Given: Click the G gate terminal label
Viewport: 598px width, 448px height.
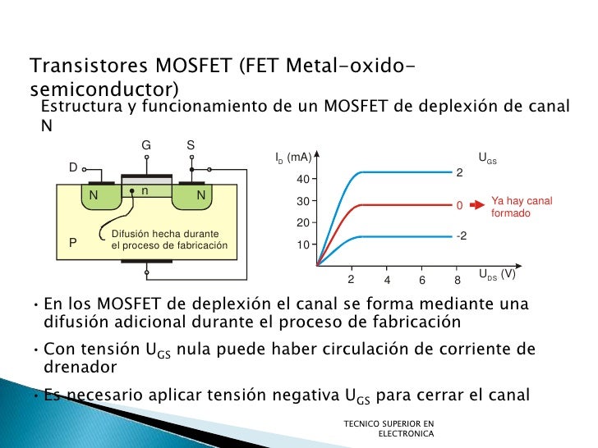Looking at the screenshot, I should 146,145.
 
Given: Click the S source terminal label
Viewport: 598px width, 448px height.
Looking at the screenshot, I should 190,145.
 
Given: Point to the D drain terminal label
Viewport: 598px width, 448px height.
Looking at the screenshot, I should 72,167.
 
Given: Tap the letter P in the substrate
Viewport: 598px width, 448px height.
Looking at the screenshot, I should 73,243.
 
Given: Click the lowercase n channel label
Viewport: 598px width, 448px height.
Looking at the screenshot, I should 145,190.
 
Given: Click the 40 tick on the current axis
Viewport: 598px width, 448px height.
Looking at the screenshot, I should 303,179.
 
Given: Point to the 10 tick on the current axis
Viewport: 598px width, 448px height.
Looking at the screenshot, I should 303,245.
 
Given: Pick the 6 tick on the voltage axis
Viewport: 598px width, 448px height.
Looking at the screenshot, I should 421,280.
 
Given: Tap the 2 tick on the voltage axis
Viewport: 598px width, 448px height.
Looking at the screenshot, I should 351,280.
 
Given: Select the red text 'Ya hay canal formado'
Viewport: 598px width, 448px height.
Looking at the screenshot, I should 521,207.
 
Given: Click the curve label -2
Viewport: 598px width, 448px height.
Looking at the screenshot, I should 462,235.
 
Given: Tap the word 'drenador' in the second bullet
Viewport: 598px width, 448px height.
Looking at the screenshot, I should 80,367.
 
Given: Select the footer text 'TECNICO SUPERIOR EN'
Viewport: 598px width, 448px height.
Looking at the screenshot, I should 389,423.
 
